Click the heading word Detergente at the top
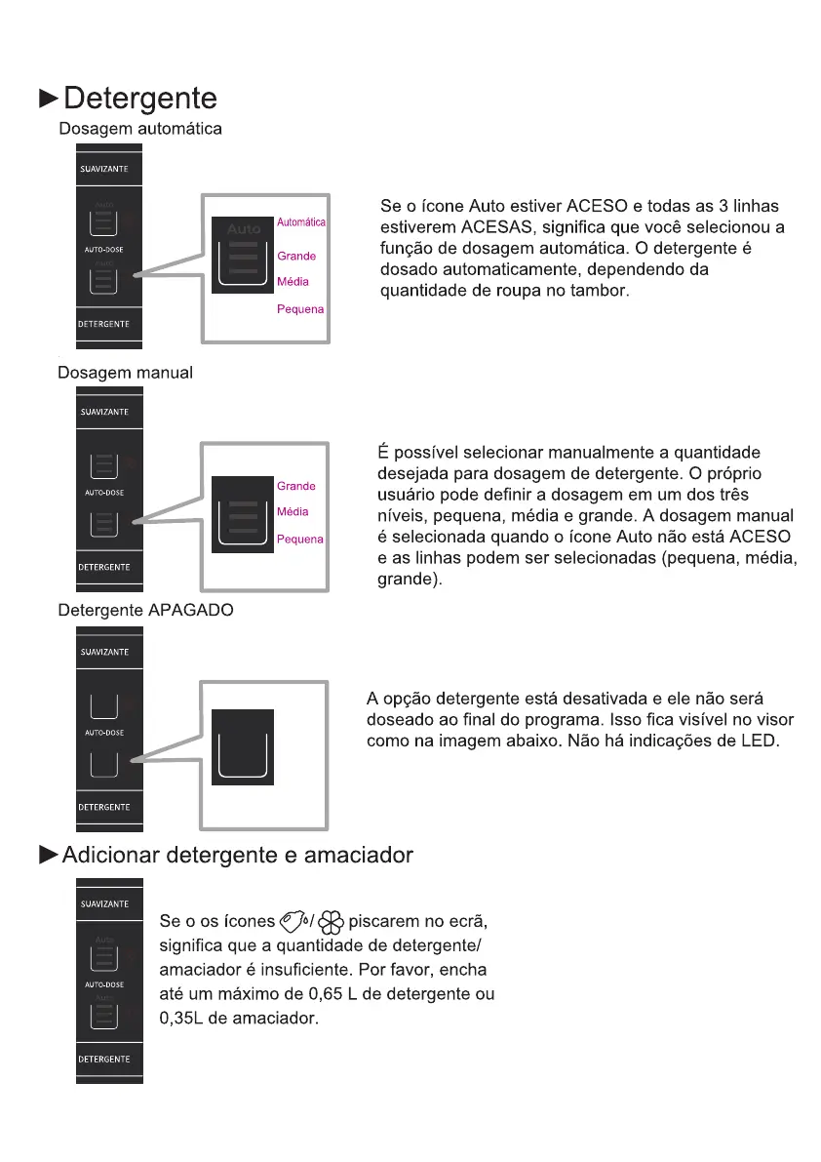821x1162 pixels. click(139, 100)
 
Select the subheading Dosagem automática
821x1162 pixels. click(140, 129)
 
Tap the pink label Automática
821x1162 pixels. click(301, 222)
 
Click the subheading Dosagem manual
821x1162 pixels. click(125, 373)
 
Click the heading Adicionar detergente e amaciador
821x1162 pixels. click(237, 856)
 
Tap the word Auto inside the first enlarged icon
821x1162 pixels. click(245, 228)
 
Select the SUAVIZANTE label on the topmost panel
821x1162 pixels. click(104, 169)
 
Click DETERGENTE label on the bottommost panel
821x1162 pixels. click(104, 1059)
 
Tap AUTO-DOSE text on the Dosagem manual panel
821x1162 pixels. click(104, 493)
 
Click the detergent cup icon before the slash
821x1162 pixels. click(293, 921)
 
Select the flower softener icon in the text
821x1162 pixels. click(331, 921)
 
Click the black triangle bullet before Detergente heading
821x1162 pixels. click(48, 99)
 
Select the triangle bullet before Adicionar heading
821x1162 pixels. click(48, 856)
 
